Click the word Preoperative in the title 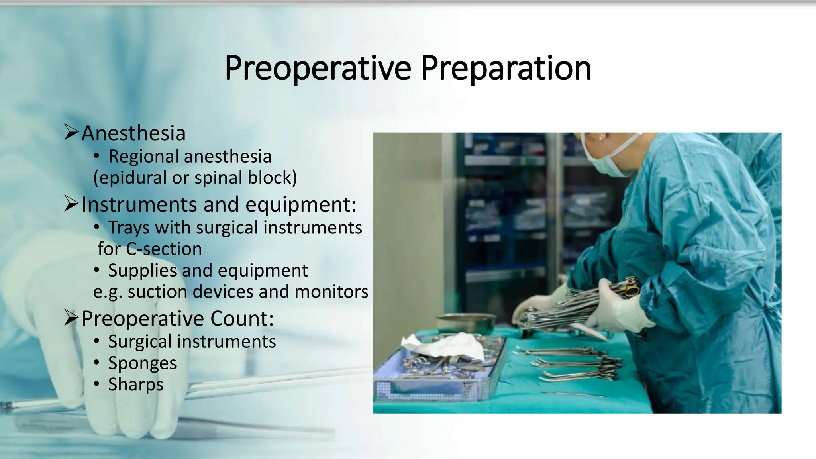[318, 68]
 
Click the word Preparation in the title [506, 68]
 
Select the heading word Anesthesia [133, 133]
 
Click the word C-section [164, 249]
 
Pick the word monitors [331, 292]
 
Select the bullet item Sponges [142, 363]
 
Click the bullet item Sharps [135, 384]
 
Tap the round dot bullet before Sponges [96, 363]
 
